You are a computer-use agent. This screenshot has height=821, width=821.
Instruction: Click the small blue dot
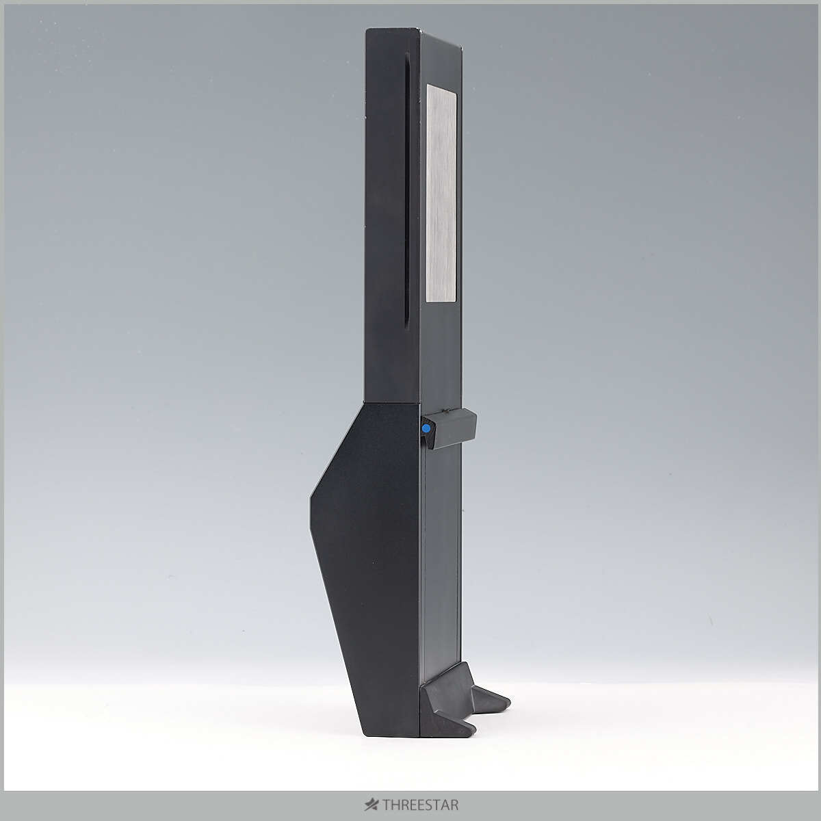click(x=426, y=429)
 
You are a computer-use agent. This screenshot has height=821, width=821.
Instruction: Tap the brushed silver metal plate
click(x=441, y=193)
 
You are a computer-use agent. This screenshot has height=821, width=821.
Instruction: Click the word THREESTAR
click(x=420, y=805)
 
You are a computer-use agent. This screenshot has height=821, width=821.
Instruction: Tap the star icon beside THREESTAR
click(x=372, y=805)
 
